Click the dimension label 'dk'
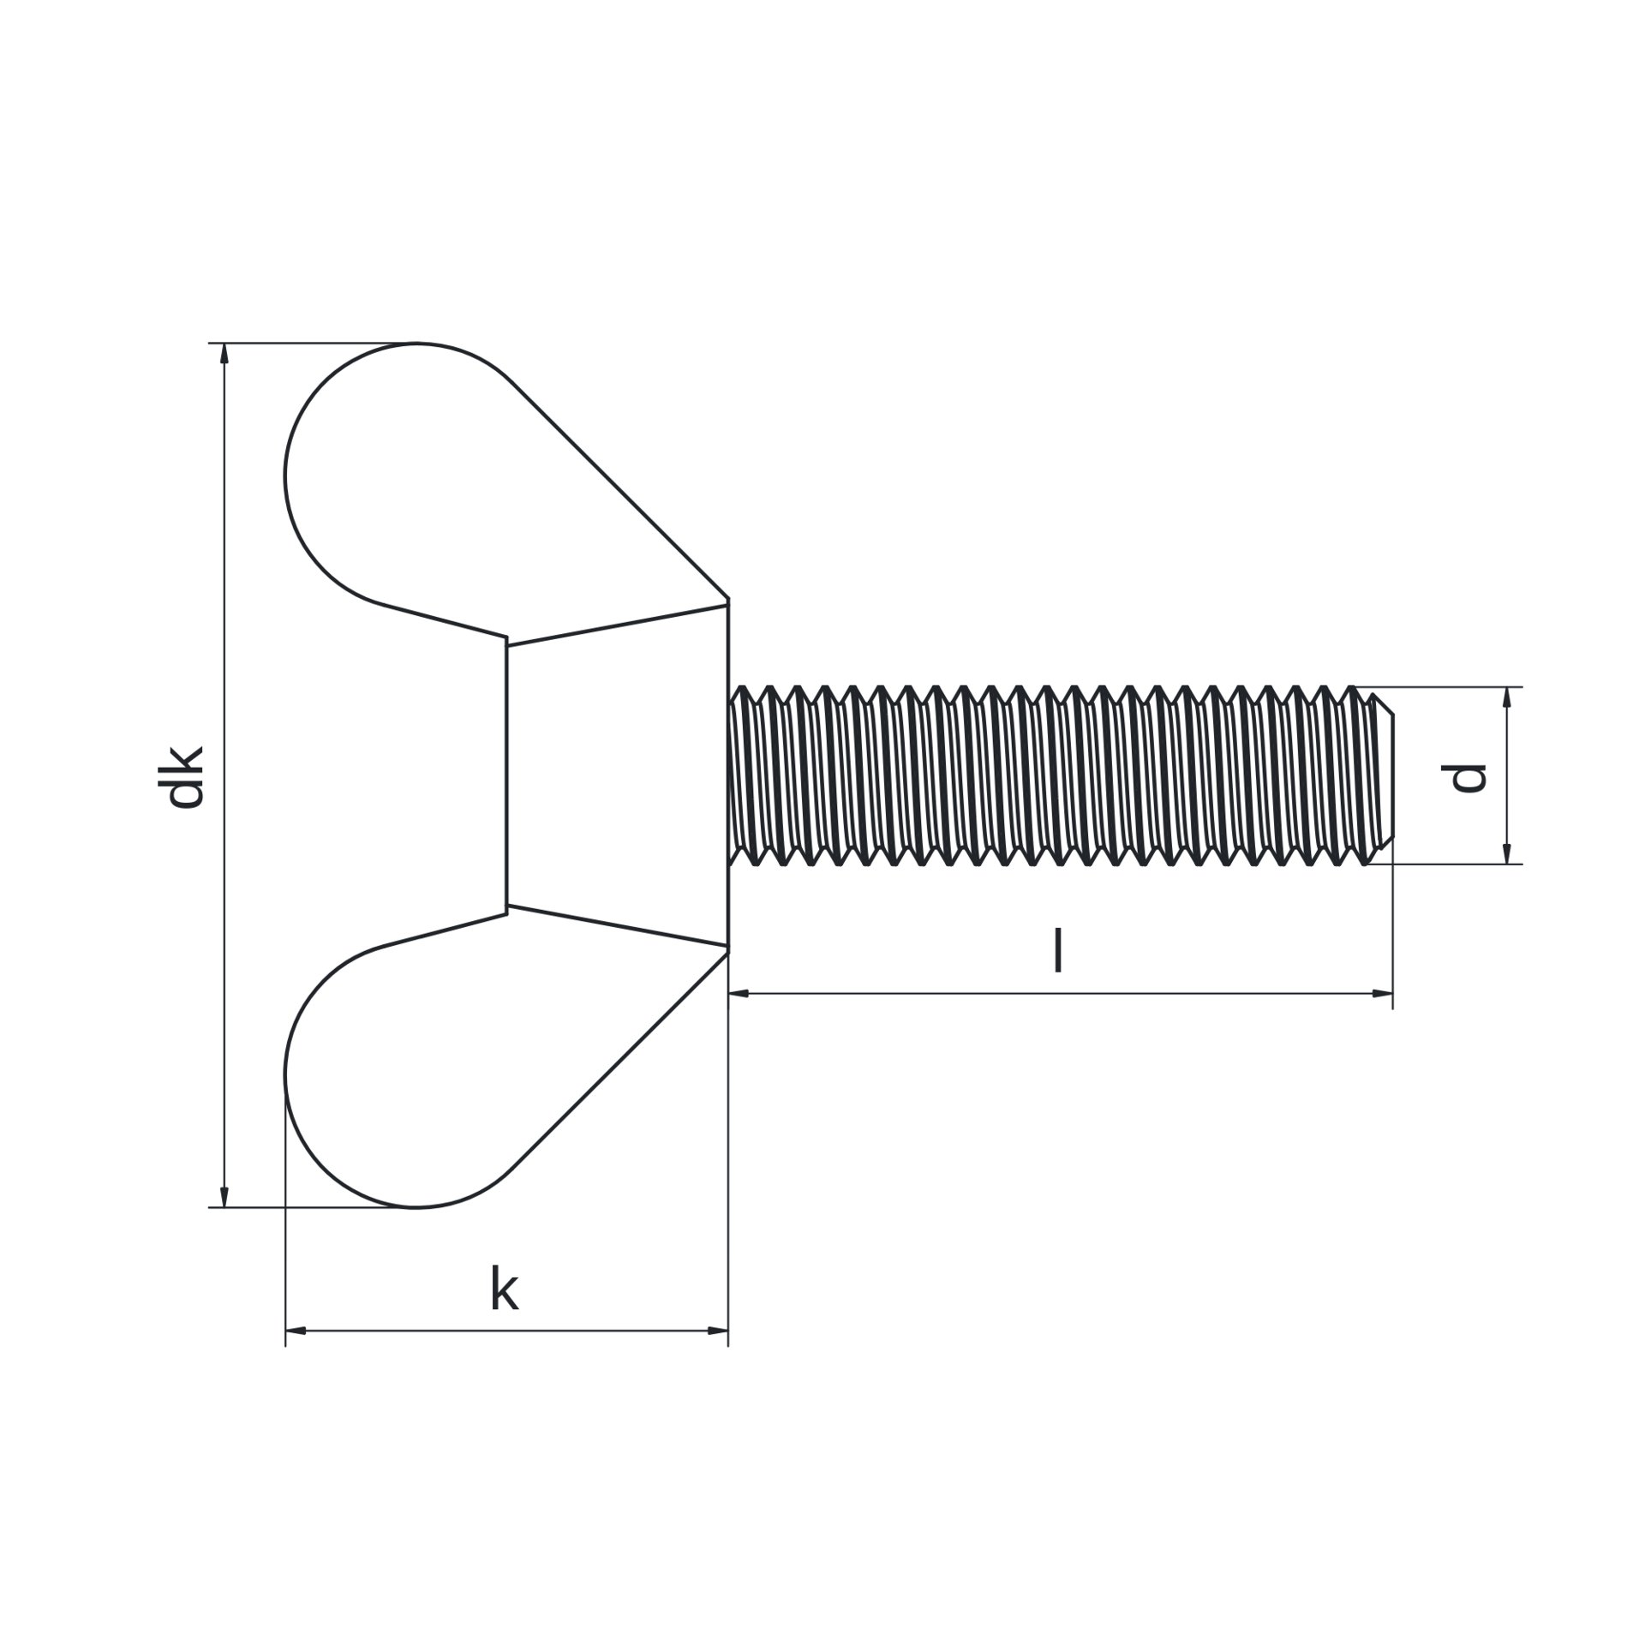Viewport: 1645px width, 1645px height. pos(185,777)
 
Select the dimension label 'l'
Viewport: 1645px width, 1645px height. pos(1059,950)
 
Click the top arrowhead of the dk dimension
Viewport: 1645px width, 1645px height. pos(224,354)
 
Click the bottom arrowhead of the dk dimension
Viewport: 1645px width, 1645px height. pos(224,1196)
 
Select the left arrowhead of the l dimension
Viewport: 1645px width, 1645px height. pos(739,993)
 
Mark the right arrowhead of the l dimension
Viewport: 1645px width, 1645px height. pos(1382,993)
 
